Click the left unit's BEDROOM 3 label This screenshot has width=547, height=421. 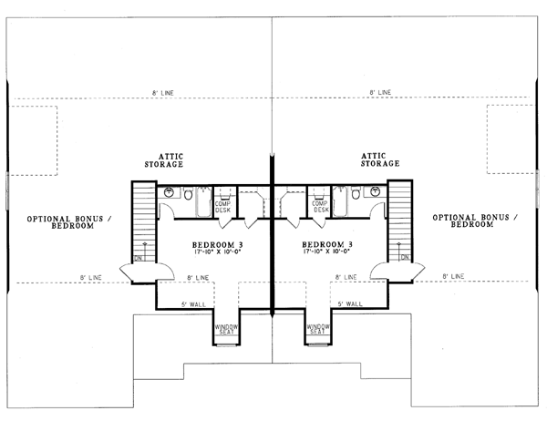click(x=217, y=245)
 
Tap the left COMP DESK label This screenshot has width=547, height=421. click(x=223, y=206)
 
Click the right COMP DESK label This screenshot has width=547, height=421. click(x=320, y=206)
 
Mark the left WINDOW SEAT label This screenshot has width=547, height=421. click(x=226, y=329)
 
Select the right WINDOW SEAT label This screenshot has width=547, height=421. click(x=317, y=329)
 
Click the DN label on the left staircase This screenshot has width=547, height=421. click(x=140, y=258)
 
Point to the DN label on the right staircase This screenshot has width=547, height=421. click(x=403, y=258)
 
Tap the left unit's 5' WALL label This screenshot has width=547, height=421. click(x=195, y=303)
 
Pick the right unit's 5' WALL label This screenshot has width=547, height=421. click(x=350, y=303)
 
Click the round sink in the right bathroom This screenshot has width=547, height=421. click(x=376, y=192)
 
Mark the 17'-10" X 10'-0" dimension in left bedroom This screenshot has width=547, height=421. click(x=217, y=254)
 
